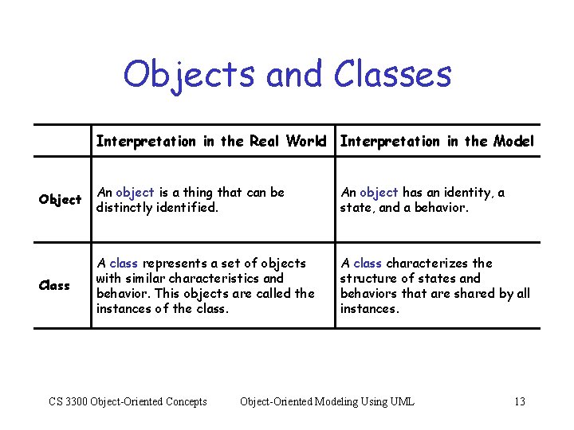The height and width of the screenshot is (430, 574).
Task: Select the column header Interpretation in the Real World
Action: [211, 142]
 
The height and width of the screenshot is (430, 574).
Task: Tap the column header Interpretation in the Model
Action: [437, 142]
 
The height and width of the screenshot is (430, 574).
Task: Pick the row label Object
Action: [60, 199]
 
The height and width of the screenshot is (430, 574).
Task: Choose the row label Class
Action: [54, 285]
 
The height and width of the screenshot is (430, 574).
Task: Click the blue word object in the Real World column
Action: [135, 193]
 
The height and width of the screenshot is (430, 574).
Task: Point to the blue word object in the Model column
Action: [379, 193]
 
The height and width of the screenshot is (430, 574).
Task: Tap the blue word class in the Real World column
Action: [124, 264]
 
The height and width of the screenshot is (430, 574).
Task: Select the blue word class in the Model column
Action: [368, 264]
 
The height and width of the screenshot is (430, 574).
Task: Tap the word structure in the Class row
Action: [368, 279]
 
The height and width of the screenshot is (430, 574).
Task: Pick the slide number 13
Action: [520, 401]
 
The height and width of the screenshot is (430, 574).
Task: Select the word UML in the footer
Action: [402, 401]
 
